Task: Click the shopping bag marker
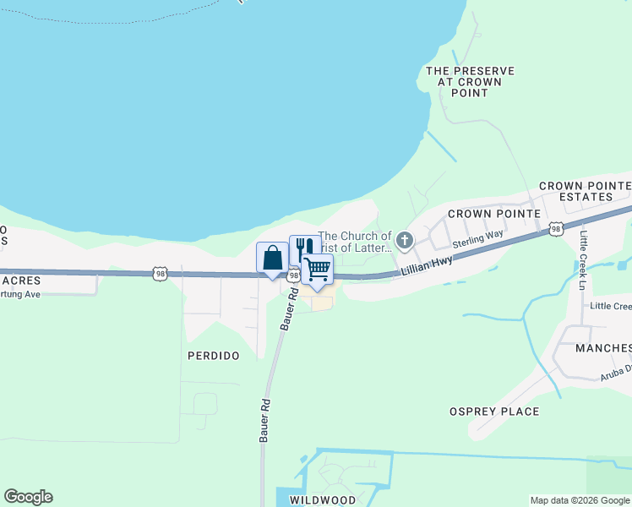272,258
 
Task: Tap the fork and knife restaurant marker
305,248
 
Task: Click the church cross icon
404,243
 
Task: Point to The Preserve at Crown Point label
471,82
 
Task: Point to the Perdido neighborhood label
215,356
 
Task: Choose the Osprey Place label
495,412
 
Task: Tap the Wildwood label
323,500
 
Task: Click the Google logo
28,497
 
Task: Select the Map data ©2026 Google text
580,500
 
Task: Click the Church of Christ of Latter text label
355,242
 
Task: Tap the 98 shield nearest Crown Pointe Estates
555,228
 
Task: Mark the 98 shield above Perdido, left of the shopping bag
161,273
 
